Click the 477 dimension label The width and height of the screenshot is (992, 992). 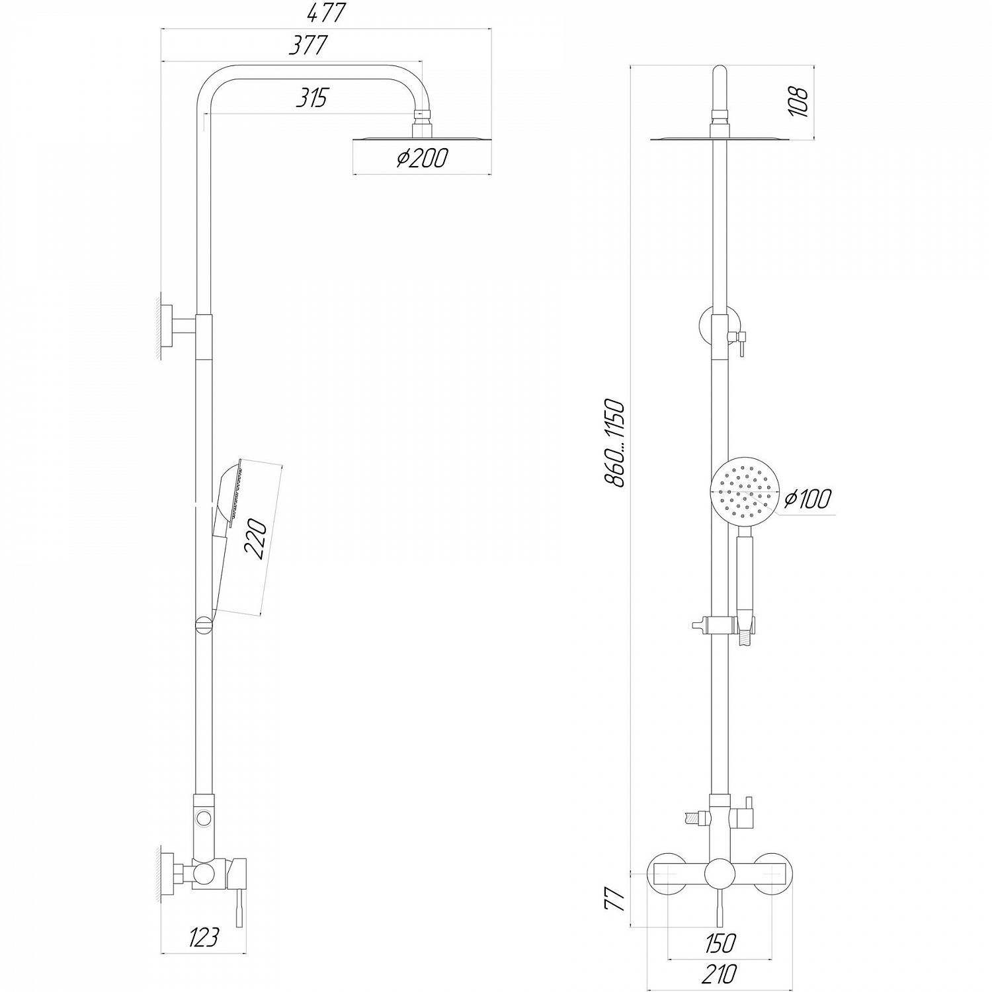click(x=327, y=13)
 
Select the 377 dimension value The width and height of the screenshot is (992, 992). click(x=309, y=46)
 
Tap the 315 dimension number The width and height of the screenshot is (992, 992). click(x=311, y=99)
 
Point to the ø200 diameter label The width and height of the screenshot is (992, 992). click(x=422, y=158)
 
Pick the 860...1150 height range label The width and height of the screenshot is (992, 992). click(x=614, y=442)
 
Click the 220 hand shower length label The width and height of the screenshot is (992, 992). click(x=257, y=539)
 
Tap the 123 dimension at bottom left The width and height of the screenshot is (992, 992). click(x=203, y=937)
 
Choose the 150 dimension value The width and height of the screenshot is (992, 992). click(x=720, y=942)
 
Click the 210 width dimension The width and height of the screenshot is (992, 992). click(x=720, y=973)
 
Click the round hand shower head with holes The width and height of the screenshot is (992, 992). click(x=744, y=493)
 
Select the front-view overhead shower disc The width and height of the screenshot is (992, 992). click(x=720, y=138)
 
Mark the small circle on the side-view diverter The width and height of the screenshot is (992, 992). click(x=204, y=819)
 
